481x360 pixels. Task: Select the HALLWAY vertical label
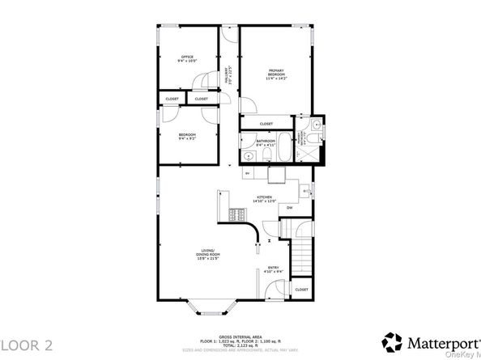pos(230,75)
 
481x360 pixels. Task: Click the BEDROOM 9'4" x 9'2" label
pos(187,137)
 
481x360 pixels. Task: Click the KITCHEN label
pos(266,199)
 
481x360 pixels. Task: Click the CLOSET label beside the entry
pos(301,290)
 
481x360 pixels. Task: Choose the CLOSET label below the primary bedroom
pos(266,124)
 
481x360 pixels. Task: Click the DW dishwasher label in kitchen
pos(289,208)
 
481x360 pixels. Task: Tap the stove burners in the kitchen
pos(238,214)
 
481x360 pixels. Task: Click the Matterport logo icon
pos(393,341)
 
